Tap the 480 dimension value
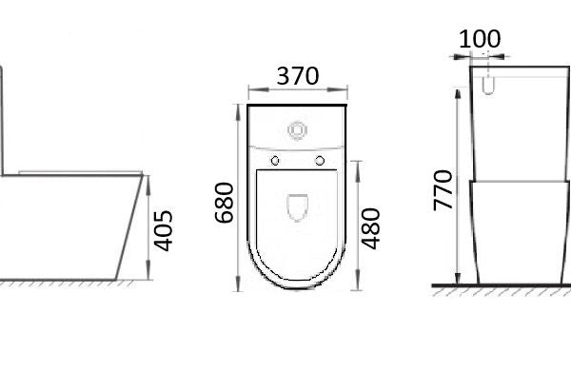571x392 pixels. point(372,227)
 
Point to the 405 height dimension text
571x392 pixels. point(163,229)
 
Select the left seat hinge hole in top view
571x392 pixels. point(275,159)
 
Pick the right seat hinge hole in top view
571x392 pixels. point(320,159)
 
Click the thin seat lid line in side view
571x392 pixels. point(76,171)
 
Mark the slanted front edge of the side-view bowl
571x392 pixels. point(128,228)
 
